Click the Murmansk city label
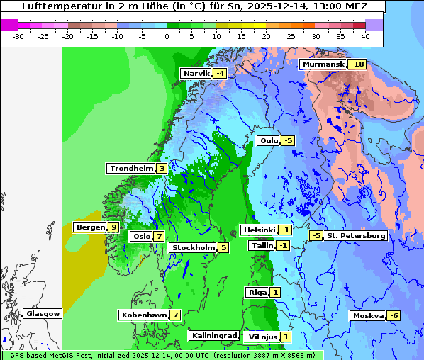pyautogui.click(x=323, y=64)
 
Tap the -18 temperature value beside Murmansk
pyautogui.click(x=357, y=64)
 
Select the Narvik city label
pyautogui.click(x=196, y=74)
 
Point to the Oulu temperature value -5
pyautogui.click(x=288, y=140)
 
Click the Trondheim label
pyautogui.click(x=131, y=168)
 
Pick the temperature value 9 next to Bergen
pyautogui.click(x=113, y=227)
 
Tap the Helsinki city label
pyautogui.click(x=258, y=230)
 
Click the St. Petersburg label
pyautogui.click(x=355, y=235)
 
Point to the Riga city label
pyautogui.click(x=257, y=292)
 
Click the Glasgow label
pyautogui.click(x=43, y=313)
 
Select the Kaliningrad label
pyautogui.click(x=213, y=335)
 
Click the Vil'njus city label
pyautogui.click(x=262, y=337)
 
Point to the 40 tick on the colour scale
pyautogui.click(x=365, y=35)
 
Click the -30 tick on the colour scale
pyautogui.click(x=19, y=35)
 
